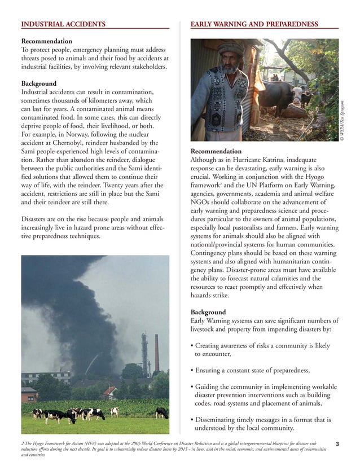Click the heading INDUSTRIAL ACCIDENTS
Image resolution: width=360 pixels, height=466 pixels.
pos(63,24)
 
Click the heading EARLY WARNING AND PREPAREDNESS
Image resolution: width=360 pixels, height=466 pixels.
pos(254,24)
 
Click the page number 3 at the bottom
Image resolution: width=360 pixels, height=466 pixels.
pos(337,445)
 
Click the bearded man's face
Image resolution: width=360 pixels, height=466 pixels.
pos(230,62)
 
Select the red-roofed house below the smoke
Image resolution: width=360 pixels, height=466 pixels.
pos(110,392)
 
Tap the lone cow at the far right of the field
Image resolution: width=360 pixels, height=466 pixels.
pos(161,412)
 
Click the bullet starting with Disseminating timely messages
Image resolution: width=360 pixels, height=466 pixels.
pos(261,424)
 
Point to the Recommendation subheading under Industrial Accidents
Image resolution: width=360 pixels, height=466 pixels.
pos(46,41)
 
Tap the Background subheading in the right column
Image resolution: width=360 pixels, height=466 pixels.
pos(208,312)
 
